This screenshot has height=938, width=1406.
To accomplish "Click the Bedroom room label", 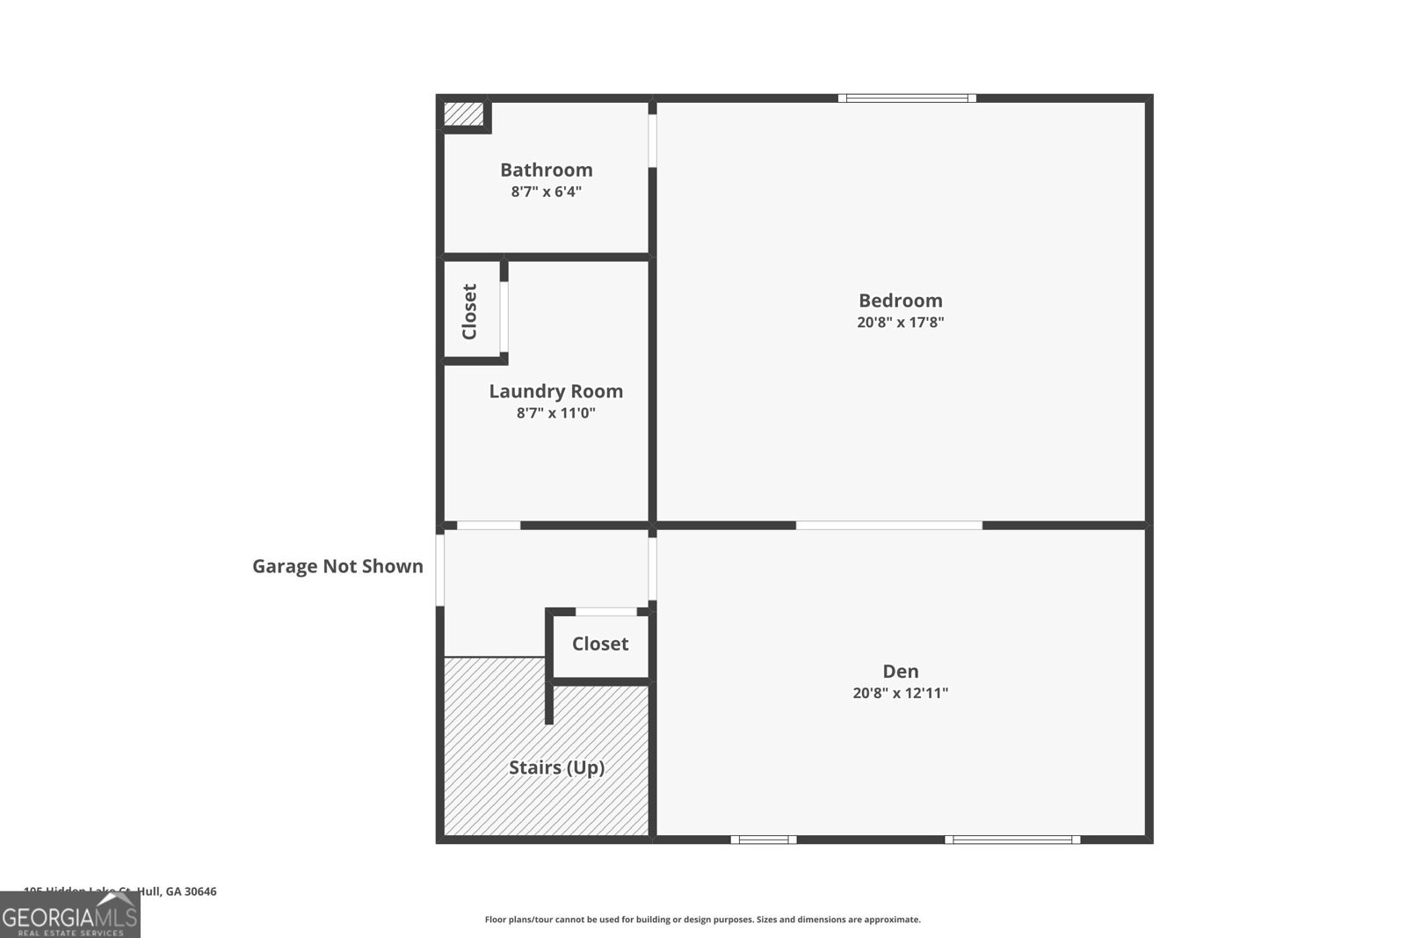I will [900, 301].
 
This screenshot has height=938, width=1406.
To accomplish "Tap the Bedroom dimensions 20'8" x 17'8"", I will [900, 323].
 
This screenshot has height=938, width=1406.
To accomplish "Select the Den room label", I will [900, 672].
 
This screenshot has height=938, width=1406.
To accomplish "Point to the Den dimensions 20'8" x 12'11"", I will [900, 694].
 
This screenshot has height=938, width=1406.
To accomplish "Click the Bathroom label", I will [546, 170].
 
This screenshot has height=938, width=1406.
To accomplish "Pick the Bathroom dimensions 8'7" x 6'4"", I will [546, 192].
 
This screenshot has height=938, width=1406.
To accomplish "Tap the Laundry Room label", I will [555, 391].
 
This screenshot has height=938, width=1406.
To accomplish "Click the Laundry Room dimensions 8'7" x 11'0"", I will [555, 413].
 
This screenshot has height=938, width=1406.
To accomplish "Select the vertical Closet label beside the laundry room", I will [469, 311].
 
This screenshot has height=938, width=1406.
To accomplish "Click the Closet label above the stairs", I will [600, 644].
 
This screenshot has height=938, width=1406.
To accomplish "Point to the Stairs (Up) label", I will [556, 767].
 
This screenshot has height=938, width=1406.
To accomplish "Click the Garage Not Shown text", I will [337, 566].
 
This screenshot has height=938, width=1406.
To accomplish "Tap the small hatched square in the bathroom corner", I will [462, 114].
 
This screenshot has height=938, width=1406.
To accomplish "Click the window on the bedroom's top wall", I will [906, 98].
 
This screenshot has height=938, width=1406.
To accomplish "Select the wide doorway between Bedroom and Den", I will [888, 526].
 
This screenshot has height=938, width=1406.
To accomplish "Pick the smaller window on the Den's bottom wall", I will [764, 840].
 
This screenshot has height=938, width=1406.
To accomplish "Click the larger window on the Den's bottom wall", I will [1012, 840].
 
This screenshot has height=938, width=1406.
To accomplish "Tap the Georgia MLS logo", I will [69, 916].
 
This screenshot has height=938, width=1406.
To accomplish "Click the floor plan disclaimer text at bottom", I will [702, 920].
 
